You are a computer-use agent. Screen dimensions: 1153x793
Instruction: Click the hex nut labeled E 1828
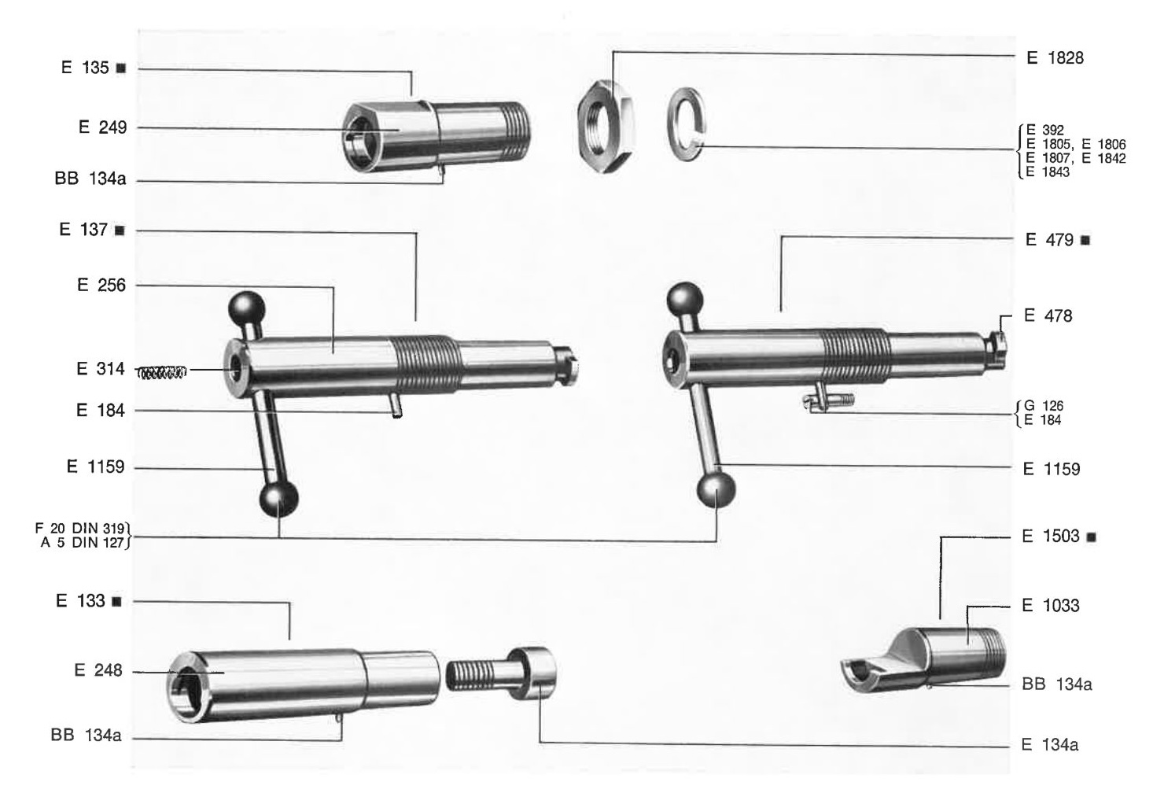pos(606,126)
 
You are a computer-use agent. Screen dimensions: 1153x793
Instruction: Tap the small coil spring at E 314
pos(162,372)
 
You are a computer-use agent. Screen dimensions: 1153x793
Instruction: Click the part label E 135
pos(85,68)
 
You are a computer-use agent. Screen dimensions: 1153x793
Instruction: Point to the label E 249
pos(102,127)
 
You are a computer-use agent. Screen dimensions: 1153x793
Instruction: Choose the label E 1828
pos(1055,57)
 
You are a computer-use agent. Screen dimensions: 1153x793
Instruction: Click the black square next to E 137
pos(120,231)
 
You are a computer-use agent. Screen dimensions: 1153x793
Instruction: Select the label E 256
pos(101,285)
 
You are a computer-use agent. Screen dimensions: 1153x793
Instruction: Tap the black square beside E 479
pos(1085,240)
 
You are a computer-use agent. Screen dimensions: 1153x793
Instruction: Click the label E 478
pos(1048,315)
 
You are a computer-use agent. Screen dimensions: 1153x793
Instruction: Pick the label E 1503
pos(1050,536)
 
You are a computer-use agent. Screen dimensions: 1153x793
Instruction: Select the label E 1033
pos(1050,605)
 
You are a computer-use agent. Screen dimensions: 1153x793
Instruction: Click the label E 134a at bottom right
pos(1049,744)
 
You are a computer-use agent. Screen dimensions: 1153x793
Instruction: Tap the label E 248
pos(98,670)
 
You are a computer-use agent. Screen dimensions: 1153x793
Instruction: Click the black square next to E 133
pos(117,602)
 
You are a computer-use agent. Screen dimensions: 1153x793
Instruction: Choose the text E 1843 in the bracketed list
pos(1048,172)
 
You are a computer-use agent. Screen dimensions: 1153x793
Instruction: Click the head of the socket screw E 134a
pos(532,673)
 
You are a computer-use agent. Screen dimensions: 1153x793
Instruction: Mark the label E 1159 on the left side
pos(96,467)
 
